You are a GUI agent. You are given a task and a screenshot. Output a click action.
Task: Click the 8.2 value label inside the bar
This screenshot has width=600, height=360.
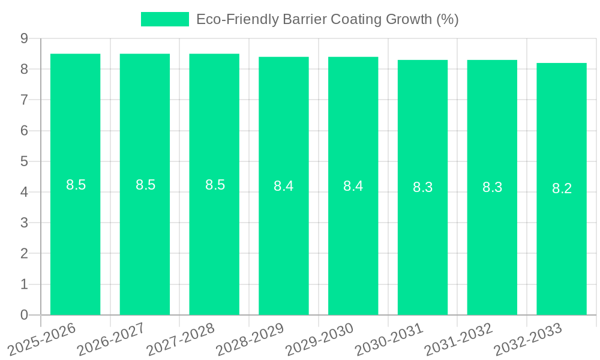pos(562,188)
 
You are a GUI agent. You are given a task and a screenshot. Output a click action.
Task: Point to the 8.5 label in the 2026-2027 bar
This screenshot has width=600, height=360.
pos(145,185)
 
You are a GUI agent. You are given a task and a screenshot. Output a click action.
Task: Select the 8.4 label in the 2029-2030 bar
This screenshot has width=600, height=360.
pos(353,186)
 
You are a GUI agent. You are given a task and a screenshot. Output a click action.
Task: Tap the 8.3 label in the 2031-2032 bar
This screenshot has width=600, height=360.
pos(492,187)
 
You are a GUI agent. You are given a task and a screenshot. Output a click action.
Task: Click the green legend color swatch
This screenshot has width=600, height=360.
pos(164,19)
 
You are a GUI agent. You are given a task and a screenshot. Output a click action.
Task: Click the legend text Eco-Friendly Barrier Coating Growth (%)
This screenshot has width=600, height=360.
pos(327,19)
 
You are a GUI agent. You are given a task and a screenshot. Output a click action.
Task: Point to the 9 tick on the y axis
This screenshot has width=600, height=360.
pos(24,38)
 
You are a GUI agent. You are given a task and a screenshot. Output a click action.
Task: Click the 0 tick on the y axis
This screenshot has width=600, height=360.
pos(24,315)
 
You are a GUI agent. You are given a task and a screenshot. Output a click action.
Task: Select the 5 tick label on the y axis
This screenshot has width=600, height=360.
pos(24,161)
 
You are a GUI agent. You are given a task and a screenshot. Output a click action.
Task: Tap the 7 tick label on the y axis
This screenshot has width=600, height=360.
pos(24,100)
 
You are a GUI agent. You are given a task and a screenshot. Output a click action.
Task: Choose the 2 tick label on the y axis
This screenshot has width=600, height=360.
pos(24,254)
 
